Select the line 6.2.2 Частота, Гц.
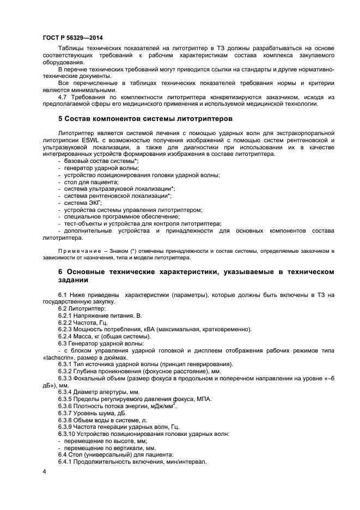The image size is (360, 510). pyautogui.click(x=83, y=323)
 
